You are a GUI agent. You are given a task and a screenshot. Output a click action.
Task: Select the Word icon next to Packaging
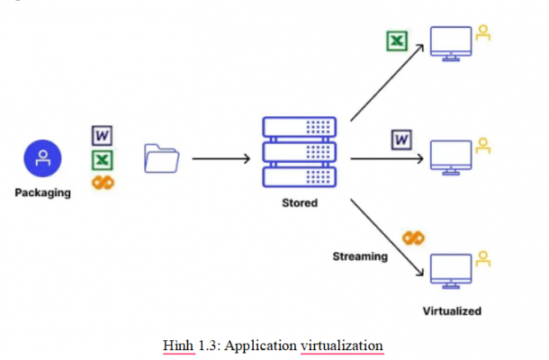click(103, 136)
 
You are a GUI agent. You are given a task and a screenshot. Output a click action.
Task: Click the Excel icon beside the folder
click(103, 159)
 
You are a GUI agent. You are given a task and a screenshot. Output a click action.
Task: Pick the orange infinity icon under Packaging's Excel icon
click(103, 182)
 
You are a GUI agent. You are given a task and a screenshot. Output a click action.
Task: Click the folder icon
click(162, 159)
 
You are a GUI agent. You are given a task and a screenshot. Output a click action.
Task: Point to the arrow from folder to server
click(220, 160)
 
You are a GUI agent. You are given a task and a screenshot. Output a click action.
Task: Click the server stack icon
click(299, 150)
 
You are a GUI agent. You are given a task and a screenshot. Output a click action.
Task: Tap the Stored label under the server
click(299, 203)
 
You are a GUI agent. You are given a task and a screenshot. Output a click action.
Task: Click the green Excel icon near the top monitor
click(395, 41)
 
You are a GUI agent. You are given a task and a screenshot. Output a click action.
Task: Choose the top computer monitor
click(452, 43)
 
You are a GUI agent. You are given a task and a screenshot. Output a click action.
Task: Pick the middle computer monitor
click(452, 156)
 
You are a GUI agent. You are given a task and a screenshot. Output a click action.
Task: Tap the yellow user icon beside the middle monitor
click(483, 144)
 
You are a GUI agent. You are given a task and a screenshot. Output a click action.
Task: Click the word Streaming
click(360, 256)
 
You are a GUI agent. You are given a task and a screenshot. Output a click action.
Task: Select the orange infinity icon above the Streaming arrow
click(413, 237)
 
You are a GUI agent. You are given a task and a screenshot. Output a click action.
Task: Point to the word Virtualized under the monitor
click(452, 311)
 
